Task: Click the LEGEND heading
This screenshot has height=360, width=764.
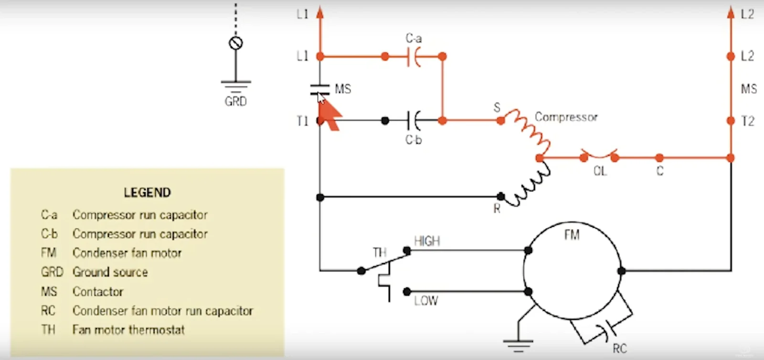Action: coord(147,192)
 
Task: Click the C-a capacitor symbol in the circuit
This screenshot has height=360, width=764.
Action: coord(414,57)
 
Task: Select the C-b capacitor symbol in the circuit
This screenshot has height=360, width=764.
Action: coord(414,120)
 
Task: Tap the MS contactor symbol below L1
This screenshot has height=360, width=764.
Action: coord(320,89)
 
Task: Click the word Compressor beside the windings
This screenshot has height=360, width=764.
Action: coord(566,117)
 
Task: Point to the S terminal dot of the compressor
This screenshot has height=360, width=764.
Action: coord(500,120)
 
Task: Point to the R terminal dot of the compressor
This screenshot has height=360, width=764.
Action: coord(500,196)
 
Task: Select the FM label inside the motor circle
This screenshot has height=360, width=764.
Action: coord(572,235)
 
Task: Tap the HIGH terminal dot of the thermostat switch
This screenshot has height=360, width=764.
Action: coord(406,251)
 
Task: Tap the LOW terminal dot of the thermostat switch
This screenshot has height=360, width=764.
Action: coord(406,291)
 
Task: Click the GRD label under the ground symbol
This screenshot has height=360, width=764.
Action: coord(236,101)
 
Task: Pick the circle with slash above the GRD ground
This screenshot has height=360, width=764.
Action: coord(236,43)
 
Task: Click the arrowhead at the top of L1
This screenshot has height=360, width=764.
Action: coord(319,12)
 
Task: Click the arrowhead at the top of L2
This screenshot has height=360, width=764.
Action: coord(731,12)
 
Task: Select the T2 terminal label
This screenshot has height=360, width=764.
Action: coord(748,121)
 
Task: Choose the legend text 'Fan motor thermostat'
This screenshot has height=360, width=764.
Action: coord(128,329)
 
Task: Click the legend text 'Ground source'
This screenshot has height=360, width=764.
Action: coord(110,272)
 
